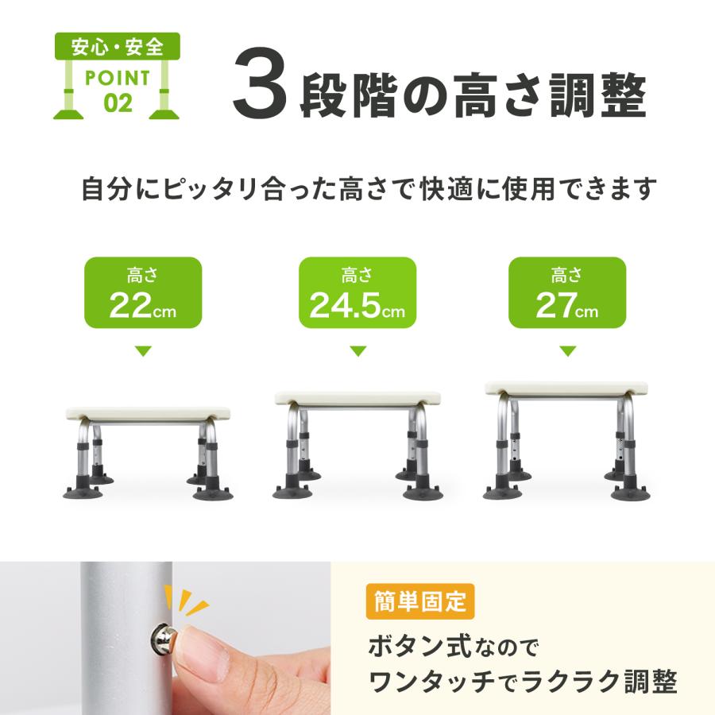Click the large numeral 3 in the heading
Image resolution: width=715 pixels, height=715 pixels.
click(258, 94)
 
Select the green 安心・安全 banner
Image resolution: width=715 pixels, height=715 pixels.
click(118, 46)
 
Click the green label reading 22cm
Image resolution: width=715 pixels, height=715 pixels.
click(143, 292)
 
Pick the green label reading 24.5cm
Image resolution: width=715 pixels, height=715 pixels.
click(357, 292)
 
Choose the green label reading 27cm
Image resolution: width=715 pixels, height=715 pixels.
click(566, 292)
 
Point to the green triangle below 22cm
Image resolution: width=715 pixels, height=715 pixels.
click(143, 351)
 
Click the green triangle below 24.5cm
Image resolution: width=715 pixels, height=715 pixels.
click(357, 351)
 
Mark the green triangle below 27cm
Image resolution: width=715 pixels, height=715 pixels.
click(566, 351)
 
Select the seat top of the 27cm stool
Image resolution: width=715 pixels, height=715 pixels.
click(566, 388)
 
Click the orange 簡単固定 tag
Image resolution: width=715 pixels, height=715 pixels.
click(420, 602)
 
